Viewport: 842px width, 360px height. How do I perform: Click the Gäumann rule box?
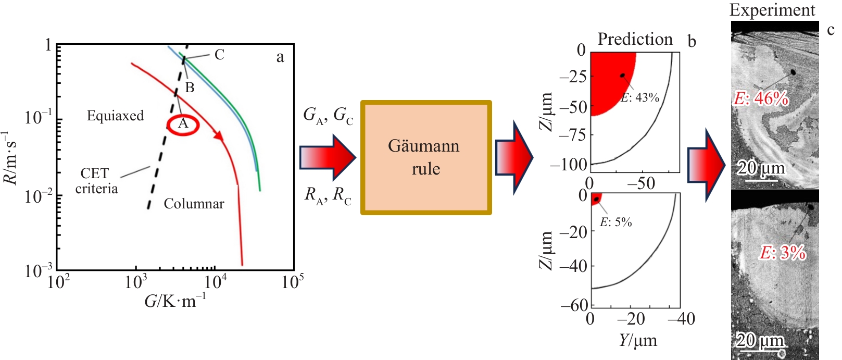426,157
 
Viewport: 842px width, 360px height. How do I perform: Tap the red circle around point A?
183,125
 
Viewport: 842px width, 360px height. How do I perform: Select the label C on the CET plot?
219,55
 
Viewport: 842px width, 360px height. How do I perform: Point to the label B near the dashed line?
190,88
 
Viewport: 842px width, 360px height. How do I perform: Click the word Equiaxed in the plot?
115,116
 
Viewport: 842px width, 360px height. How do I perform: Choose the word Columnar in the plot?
194,204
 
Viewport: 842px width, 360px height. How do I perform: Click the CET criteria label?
96,181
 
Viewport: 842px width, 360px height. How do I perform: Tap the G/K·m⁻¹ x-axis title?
175,300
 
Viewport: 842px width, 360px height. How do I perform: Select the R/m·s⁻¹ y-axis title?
10,158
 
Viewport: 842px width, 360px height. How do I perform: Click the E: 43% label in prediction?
640,97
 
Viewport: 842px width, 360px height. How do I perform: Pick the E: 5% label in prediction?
616,222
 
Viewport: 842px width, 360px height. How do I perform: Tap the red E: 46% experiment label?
761,98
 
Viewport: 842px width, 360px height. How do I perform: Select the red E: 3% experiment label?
783,253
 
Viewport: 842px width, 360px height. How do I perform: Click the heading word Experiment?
772,10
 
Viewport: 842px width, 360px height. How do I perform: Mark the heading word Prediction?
635,39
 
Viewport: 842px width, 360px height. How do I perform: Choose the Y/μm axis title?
638,340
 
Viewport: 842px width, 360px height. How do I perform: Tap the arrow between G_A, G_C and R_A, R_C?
328,158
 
